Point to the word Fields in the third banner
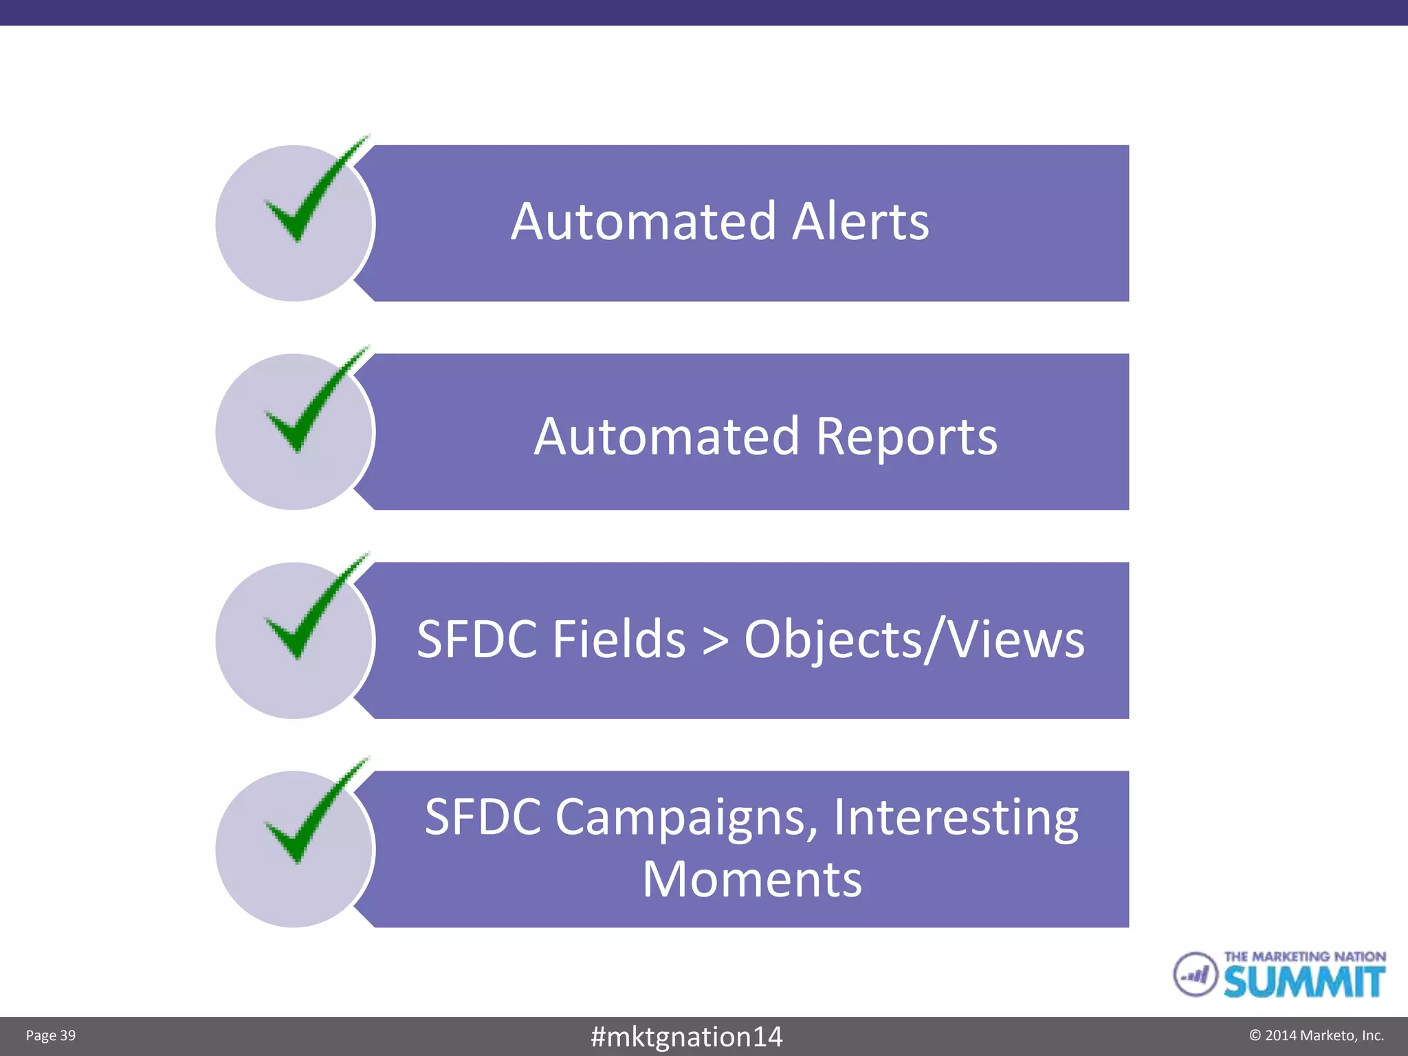coord(619,639)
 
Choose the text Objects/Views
coord(914,640)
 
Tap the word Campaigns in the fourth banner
coord(686,818)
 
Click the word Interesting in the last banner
coord(956,818)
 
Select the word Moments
coord(752,879)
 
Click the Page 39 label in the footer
coord(51,1035)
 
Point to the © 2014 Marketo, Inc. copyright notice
coord(1316,1035)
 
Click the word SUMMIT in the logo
coord(1303,982)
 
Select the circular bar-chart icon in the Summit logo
coord(1195,973)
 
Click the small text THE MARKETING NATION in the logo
coord(1304,956)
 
